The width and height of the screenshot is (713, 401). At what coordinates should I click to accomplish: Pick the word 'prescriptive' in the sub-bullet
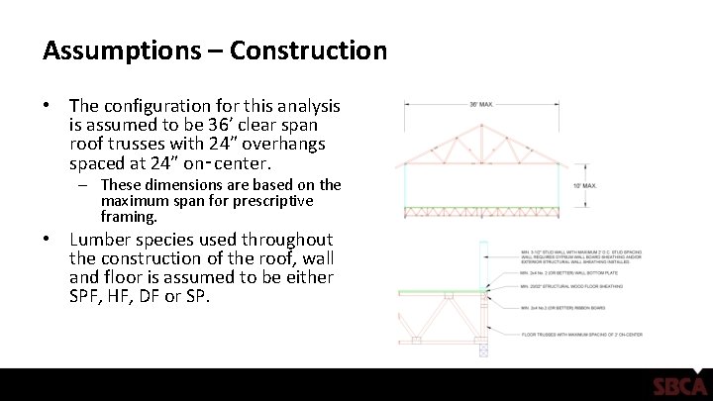(x=278, y=200)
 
